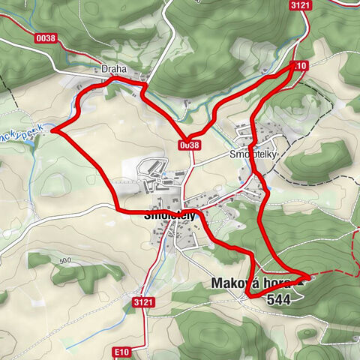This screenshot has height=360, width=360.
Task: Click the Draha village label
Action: point(115,69)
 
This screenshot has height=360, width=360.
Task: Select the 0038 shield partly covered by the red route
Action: point(190,143)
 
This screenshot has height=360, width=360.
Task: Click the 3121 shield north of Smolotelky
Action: point(300,5)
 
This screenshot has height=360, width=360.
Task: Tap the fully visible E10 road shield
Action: point(123,351)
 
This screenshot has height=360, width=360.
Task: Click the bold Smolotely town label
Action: point(169,214)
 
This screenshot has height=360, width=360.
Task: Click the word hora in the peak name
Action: point(276,284)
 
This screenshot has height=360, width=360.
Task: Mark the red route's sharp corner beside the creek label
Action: point(53,132)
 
